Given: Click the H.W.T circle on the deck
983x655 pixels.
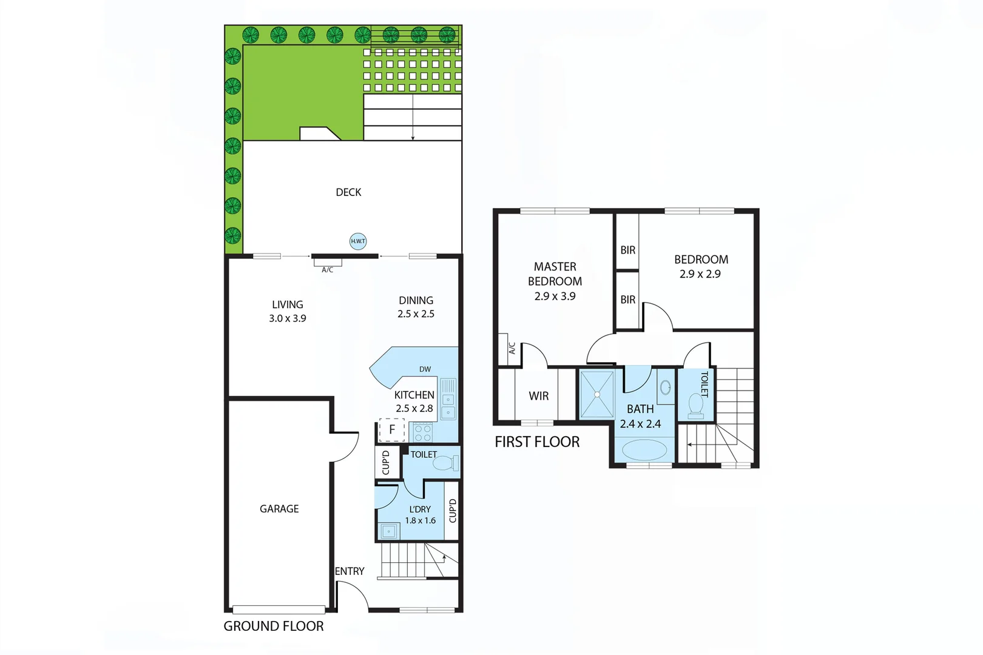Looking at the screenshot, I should click(x=358, y=241).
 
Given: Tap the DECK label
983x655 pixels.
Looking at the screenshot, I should click(x=348, y=192).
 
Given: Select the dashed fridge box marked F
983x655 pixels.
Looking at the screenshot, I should click(x=391, y=429).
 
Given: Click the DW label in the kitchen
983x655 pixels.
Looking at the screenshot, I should click(x=425, y=369).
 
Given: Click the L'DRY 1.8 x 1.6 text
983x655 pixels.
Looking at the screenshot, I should click(x=420, y=515).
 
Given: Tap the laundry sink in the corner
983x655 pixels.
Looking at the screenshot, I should click(x=388, y=532).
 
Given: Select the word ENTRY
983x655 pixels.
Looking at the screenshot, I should click(x=350, y=571).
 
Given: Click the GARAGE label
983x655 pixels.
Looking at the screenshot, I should click(x=279, y=509).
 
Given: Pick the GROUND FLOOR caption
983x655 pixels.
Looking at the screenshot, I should click(x=274, y=626).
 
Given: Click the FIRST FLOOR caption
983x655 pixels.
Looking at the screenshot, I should click(x=537, y=442).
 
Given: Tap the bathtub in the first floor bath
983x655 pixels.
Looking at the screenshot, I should click(x=644, y=451).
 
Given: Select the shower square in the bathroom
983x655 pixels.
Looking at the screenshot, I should click(x=597, y=394).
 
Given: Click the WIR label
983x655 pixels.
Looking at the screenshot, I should click(x=538, y=396).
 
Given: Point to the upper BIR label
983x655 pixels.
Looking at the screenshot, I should click(x=628, y=250).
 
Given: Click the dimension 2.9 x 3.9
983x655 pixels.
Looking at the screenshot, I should click(x=555, y=296).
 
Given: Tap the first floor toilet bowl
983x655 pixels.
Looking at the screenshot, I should click(x=695, y=405).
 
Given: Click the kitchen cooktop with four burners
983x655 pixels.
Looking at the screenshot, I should click(x=423, y=433).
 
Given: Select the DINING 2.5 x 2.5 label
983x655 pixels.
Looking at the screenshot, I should click(x=416, y=307).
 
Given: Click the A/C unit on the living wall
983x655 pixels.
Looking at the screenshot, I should click(x=328, y=263).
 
